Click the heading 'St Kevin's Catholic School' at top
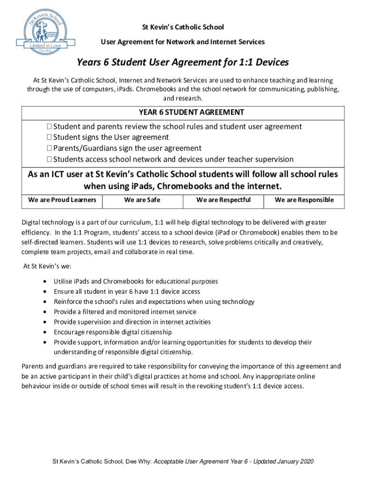coord(183,27)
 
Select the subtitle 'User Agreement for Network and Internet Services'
coord(183,42)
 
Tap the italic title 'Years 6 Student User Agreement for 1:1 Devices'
coord(183,63)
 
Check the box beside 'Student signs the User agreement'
coord(49,137)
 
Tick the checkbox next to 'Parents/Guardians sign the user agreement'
coord(49,148)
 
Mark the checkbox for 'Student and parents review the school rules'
coord(49,127)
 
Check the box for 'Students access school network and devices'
coord(49,159)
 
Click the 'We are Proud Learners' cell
coord(62,200)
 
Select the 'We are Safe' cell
coord(142,200)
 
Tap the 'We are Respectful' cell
coord(223,200)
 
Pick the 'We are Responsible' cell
coord(304,200)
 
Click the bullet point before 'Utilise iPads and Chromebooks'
coord(45,282)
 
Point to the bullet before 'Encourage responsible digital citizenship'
coord(45,332)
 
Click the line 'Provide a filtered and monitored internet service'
coord(125,312)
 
